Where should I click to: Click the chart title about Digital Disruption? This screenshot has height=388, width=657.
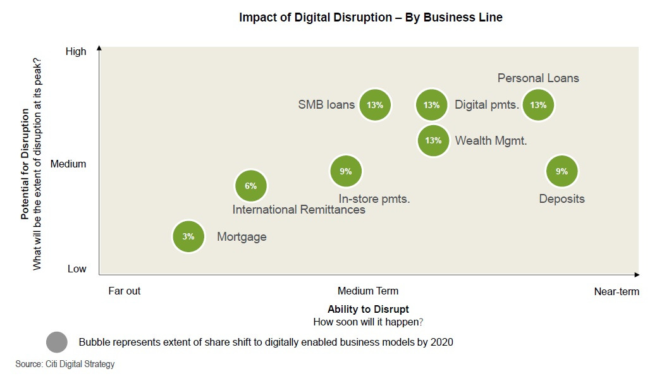pyautogui.click(x=371, y=18)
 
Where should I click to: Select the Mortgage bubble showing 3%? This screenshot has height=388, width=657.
pyautogui.click(x=188, y=237)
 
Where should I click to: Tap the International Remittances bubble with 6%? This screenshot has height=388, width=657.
pyautogui.click(x=251, y=186)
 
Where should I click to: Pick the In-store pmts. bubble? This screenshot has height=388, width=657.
pyautogui.click(x=346, y=171)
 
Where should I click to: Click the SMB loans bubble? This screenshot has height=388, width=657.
pyautogui.click(x=375, y=105)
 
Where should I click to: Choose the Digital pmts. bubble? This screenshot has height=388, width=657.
pyautogui.click(x=432, y=105)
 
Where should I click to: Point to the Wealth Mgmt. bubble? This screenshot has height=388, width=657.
pyautogui.click(x=433, y=140)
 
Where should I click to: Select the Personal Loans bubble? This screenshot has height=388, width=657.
pyautogui.click(x=538, y=105)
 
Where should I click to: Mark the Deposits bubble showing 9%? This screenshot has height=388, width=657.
pyautogui.click(x=562, y=171)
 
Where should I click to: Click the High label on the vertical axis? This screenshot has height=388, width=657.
pyautogui.click(x=76, y=52)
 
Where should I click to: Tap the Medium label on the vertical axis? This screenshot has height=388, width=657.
pyautogui.click(x=68, y=164)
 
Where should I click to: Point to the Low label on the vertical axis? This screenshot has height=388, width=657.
pyautogui.click(x=77, y=269)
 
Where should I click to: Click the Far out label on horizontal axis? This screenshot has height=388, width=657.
pyautogui.click(x=125, y=291)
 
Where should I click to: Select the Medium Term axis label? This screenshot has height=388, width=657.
pyautogui.click(x=368, y=291)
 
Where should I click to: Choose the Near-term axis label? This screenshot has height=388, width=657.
pyautogui.click(x=617, y=292)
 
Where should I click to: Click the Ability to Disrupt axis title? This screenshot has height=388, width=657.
pyautogui.click(x=368, y=310)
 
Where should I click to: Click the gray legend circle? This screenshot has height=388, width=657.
pyautogui.click(x=57, y=343)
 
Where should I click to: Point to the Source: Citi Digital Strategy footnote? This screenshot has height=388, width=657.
pyautogui.click(x=65, y=365)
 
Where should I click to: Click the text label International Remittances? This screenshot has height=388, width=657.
pyautogui.click(x=298, y=210)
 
